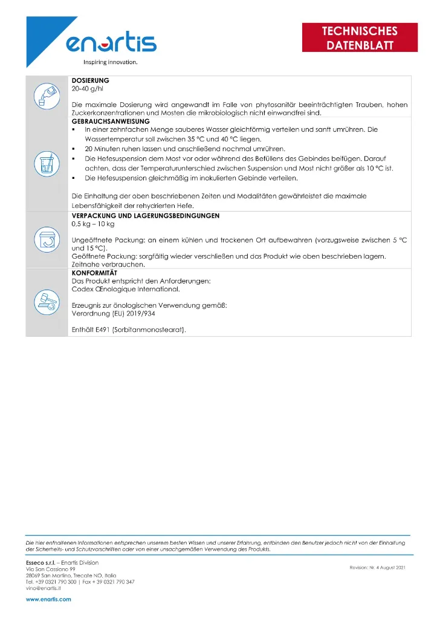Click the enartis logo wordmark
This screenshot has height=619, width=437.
click(x=111, y=43)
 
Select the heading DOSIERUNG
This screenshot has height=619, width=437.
click(x=90, y=80)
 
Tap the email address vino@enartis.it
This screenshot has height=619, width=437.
click(x=46, y=588)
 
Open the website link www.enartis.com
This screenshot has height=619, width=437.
click(x=48, y=600)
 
